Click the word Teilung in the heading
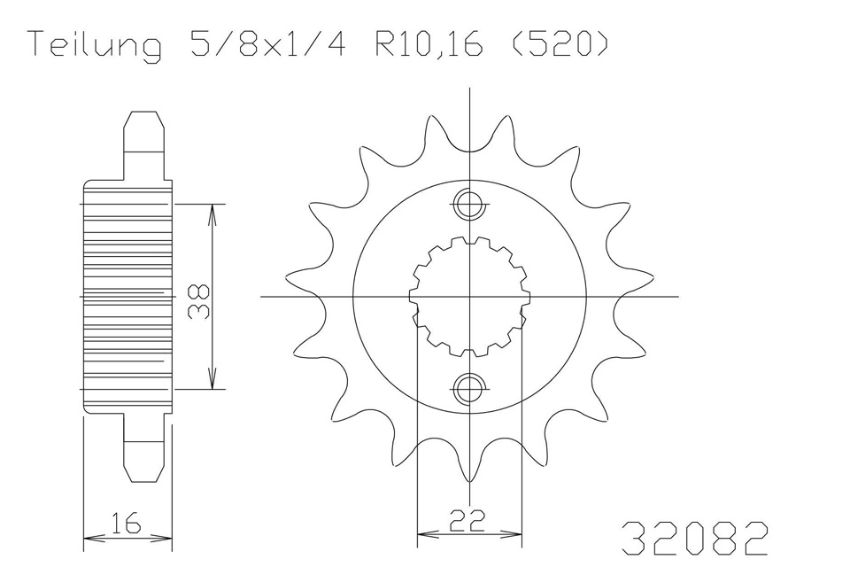click(x=93, y=45)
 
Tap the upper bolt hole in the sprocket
click(x=467, y=206)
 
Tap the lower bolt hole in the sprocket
click(x=467, y=387)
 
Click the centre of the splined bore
click(x=467, y=296)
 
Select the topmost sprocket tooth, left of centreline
click(x=434, y=128)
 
